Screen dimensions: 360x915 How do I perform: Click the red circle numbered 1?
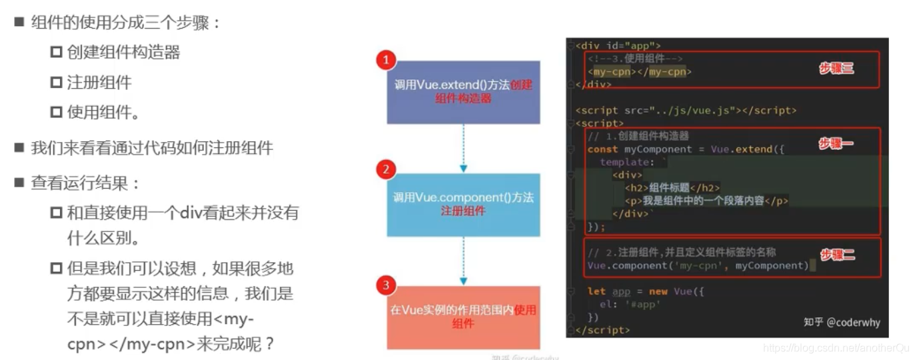(x=386, y=61)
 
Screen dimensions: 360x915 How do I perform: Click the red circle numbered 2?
(x=385, y=169)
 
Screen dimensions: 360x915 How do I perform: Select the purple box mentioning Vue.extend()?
(x=463, y=92)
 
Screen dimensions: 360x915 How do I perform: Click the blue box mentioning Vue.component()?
(x=463, y=204)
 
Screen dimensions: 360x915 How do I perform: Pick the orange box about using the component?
(x=463, y=317)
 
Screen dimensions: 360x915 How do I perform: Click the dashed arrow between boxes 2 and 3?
(x=463, y=261)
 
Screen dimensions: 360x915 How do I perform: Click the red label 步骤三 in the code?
(x=836, y=68)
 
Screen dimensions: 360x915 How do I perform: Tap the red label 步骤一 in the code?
(x=836, y=143)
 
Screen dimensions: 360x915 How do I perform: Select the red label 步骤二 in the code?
(x=837, y=255)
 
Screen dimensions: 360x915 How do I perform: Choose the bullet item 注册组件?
(x=99, y=82)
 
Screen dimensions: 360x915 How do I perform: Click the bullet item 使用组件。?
(x=103, y=112)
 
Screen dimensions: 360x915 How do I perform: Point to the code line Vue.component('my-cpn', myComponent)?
(x=697, y=265)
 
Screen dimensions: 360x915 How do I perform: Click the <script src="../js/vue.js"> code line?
(x=686, y=110)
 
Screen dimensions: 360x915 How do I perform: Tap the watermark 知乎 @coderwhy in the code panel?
(x=841, y=322)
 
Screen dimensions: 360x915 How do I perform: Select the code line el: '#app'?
(x=630, y=304)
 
